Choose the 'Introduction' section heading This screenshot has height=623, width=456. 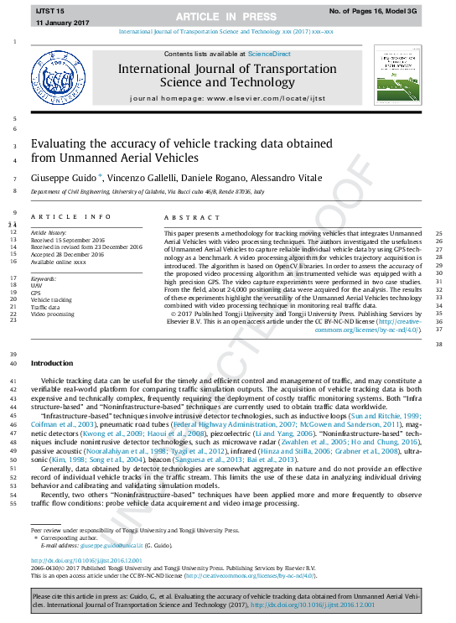52,363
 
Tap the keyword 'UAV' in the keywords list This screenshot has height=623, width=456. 35,285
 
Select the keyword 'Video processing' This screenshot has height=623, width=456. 52,314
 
